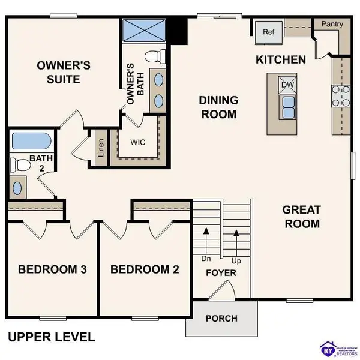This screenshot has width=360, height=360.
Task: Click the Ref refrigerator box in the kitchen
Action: [268, 32]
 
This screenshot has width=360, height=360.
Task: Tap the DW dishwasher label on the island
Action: [287, 85]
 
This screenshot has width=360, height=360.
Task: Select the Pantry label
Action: [331, 25]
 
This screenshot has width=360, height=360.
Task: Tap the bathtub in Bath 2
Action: [31, 142]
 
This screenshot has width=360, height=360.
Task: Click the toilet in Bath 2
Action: [20, 164]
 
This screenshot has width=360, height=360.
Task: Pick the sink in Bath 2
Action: [17, 187]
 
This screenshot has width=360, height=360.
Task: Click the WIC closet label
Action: [139, 143]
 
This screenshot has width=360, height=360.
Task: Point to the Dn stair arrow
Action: [206, 243]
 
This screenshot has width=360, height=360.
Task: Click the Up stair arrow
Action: [236, 243]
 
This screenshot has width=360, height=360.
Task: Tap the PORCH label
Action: [221, 318]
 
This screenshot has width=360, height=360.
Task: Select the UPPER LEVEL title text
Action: [51, 337]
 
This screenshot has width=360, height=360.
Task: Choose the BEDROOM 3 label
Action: [52, 269]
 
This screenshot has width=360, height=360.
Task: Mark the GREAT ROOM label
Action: [301, 217]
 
